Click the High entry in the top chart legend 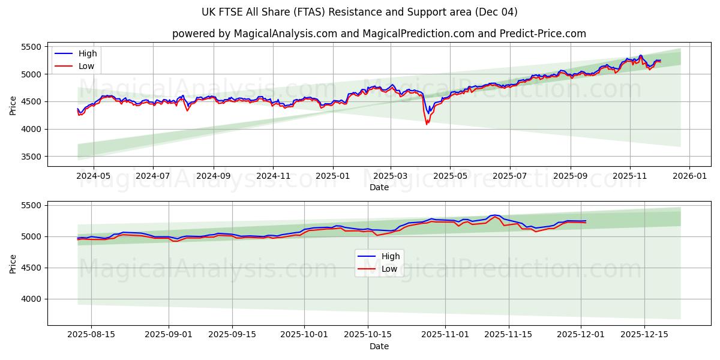coord(88,54)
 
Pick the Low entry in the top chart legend coord(86,66)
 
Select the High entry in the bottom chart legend coord(391,257)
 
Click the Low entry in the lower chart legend coord(389,269)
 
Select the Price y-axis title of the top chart coord(13,104)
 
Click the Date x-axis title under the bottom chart coord(379,346)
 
